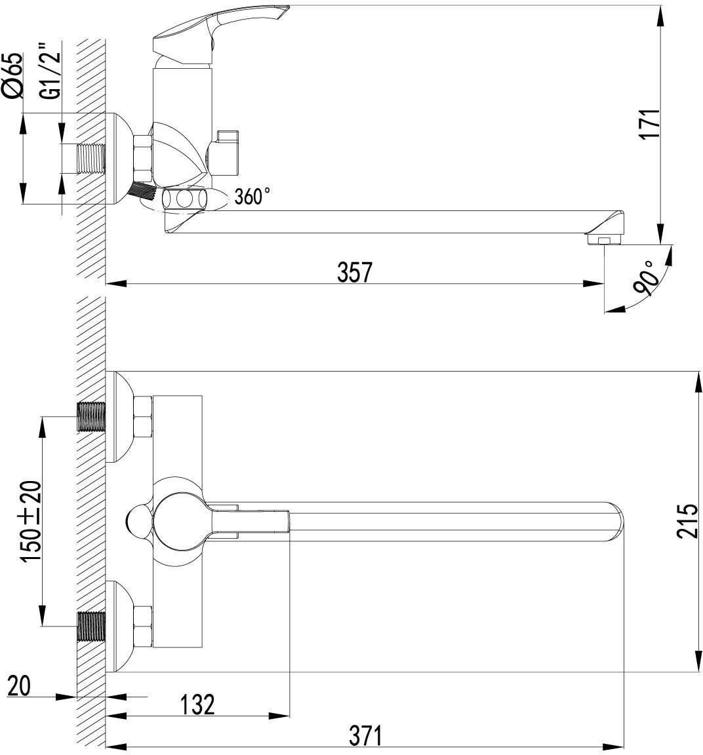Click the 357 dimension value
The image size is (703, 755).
[355, 272]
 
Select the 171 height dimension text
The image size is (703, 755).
[649, 125]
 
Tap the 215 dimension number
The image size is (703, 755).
[687, 520]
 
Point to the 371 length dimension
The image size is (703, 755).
[365, 735]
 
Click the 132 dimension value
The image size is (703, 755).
[197, 705]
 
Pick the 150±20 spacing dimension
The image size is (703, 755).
[30, 520]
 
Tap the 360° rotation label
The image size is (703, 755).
[252, 196]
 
